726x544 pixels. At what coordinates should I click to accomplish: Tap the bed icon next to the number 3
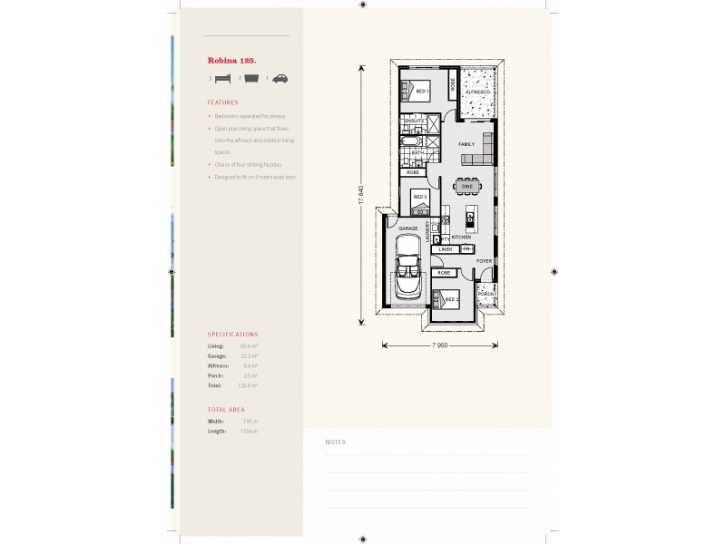pyautogui.click(x=222, y=79)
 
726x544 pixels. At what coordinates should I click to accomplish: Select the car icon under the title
pyautogui.click(x=281, y=79)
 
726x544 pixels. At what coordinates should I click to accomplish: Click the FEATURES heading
pyautogui.click(x=222, y=102)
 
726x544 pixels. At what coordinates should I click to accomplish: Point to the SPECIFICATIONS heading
pyautogui.click(x=233, y=335)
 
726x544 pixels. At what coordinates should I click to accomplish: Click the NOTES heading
pyautogui.click(x=335, y=442)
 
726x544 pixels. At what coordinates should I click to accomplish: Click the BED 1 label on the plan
pyautogui.click(x=422, y=92)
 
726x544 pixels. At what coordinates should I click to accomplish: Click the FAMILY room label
pyautogui.click(x=466, y=144)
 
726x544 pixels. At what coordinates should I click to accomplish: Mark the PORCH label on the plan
pyautogui.click(x=486, y=295)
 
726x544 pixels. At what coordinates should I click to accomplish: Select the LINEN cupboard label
pyautogui.click(x=446, y=248)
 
